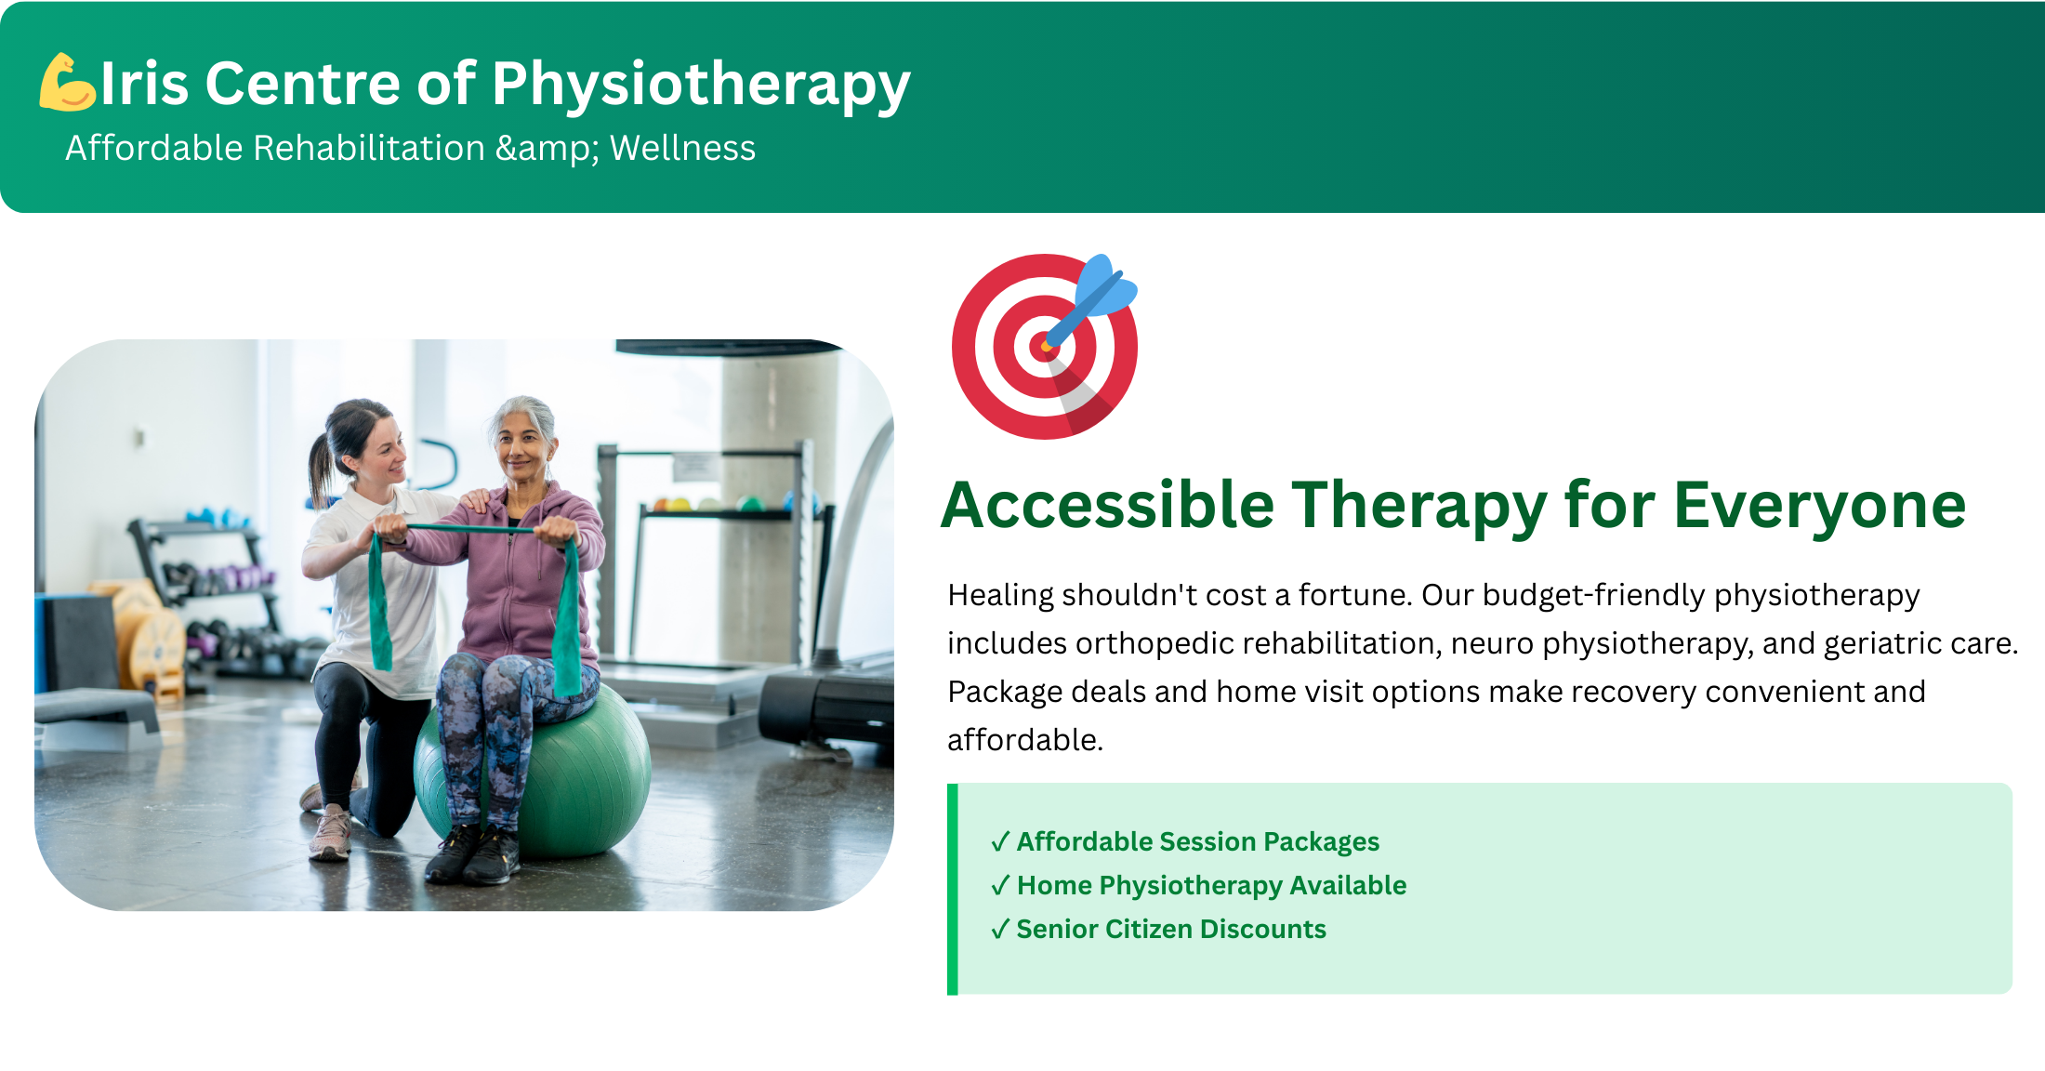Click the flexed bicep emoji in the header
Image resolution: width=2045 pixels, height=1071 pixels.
pyautogui.click(x=67, y=83)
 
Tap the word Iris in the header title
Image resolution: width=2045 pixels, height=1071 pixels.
pyautogui.click(x=144, y=84)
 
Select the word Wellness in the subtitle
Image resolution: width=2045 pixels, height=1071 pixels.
pyautogui.click(x=682, y=148)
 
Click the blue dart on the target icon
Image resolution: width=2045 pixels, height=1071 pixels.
pyautogui.click(x=1092, y=299)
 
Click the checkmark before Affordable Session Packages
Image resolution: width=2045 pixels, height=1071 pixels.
pyautogui.click(x=1000, y=841)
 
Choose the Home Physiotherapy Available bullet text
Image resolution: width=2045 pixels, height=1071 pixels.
pyautogui.click(x=1211, y=885)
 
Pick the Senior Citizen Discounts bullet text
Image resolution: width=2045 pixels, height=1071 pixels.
pyautogui.click(x=1171, y=929)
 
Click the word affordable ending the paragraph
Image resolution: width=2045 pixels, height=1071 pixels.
pyautogui.click(x=1023, y=741)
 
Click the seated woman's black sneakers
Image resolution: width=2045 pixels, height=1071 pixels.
pyautogui.click(x=472, y=854)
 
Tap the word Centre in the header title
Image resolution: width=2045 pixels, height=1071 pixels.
pyautogui.click(x=302, y=84)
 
